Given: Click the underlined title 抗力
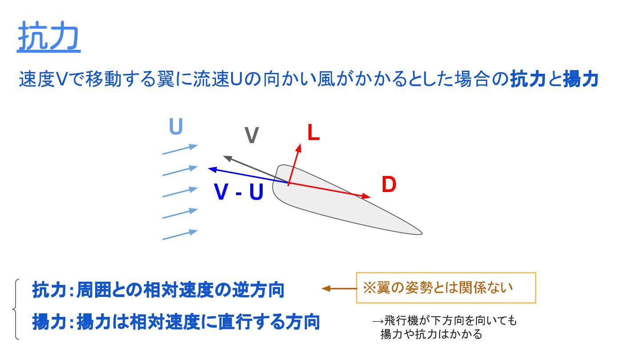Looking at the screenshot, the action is pyautogui.click(x=49, y=37).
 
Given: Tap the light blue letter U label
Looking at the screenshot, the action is pyautogui.click(x=176, y=128).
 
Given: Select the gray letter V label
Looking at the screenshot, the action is pyautogui.click(x=252, y=136).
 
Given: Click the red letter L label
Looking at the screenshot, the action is pyautogui.click(x=314, y=133).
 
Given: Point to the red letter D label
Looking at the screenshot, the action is pyautogui.click(x=388, y=185).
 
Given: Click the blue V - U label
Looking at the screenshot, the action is pyautogui.click(x=239, y=192).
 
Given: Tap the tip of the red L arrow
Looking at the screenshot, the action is pyautogui.click(x=300, y=145).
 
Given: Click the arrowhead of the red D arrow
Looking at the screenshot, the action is pyautogui.click(x=367, y=196).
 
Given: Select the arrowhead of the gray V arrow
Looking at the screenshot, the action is pyautogui.click(x=226, y=157).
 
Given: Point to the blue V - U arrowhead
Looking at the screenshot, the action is pyautogui.click(x=212, y=168).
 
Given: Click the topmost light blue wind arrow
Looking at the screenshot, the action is pyautogui.click(x=180, y=150).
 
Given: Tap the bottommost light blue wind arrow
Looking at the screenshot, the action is pyautogui.click(x=180, y=235).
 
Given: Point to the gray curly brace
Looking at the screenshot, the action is pyautogui.click(x=16, y=309).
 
